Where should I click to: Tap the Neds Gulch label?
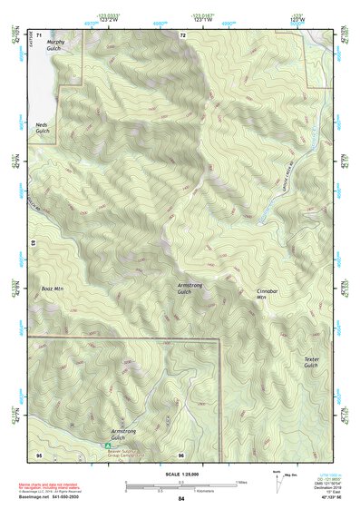[42, 128]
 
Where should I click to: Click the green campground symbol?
[107, 446]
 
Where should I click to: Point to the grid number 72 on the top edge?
[182, 34]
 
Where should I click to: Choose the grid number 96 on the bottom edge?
[181, 454]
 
